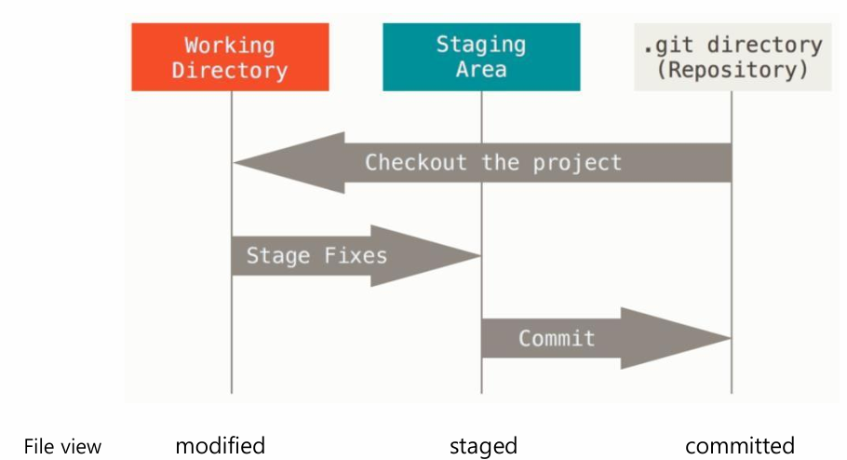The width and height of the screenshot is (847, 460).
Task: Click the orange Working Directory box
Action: click(230, 57)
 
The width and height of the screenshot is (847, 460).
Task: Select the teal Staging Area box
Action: click(481, 57)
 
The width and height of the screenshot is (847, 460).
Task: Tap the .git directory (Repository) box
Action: click(732, 57)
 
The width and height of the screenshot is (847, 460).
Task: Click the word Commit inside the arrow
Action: click(557, 337)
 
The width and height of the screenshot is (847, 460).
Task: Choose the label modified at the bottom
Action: click(221, 445)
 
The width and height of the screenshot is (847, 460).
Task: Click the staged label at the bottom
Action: click(483, 446)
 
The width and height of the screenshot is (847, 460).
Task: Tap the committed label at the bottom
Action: click(740, 445)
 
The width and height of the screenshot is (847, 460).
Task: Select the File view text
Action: click(62, 446)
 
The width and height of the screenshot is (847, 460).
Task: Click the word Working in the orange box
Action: click(230, 45)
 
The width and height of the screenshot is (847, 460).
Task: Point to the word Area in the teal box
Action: click(481, 70)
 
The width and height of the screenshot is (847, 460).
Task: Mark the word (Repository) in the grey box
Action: click(732, 70)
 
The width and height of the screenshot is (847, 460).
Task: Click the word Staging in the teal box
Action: click(481, 45)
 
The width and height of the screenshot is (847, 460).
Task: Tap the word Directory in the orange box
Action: click(230, 70)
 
